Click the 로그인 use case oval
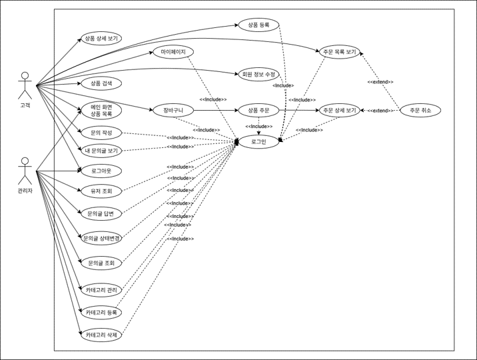[259, 141]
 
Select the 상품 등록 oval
[259, 25]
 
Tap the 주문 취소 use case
[421, 110]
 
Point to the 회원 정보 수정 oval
[259, 74]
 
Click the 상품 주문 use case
[259, 110]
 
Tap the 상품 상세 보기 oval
[101, 39]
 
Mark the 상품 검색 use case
[101, 83]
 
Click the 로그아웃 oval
[101, 171]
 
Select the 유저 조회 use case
[101, 191]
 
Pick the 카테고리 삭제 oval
[101, 336]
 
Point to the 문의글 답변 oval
[101, 214]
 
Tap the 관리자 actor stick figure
[25, 171]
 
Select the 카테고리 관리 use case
[101, 290]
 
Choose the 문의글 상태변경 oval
[101, 238]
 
